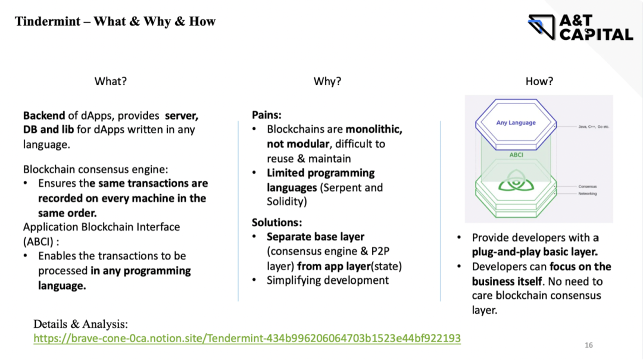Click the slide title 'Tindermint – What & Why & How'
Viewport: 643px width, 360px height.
click(115, 22)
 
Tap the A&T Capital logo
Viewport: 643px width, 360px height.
click(580, 27)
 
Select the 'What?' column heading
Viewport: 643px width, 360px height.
click(111, 82)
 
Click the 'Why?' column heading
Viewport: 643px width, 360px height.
click(327, 82)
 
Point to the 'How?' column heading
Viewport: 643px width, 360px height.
click(539, 82)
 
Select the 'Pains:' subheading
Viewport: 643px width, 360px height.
click(267, 114)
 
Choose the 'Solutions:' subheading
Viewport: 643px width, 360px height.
click(277, 222)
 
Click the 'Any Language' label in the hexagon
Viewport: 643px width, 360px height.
click(516, 123)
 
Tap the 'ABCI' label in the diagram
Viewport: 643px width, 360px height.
click(516, 154)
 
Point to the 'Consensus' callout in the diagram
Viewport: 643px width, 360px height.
click(587, 186)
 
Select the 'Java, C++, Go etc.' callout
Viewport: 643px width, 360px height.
click(593, 127)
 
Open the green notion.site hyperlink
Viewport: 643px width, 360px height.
click(246, 338)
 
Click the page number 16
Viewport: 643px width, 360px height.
click(589, 345)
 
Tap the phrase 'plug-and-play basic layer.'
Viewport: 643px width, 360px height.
click(535, 252)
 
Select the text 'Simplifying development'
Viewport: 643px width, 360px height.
click(327, 280)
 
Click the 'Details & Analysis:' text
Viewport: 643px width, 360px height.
click(80, 324)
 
